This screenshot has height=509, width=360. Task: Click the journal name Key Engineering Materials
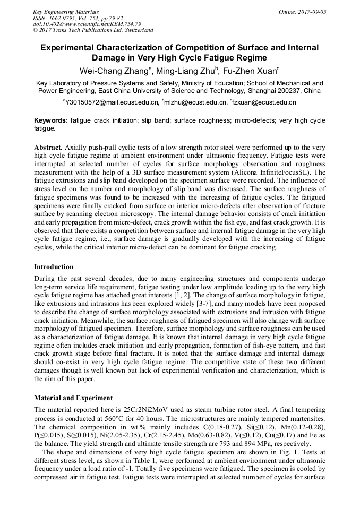66,11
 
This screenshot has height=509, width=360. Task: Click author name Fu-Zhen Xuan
253,70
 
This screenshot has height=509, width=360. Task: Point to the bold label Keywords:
51,121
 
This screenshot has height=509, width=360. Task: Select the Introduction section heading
54,267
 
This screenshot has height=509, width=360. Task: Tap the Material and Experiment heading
73,398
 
